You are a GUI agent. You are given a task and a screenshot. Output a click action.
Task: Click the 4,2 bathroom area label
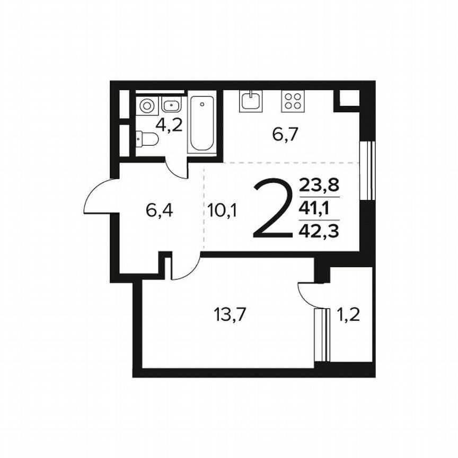coord(169,126)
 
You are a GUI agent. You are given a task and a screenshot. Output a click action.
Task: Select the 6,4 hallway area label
coord(160,211)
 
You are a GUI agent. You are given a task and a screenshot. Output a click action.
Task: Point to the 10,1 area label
coord(223,211)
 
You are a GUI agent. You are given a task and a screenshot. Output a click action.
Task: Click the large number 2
coord(272,209)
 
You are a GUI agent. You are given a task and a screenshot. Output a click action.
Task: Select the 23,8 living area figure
coord(319,186)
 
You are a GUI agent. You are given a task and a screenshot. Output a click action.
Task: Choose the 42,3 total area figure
coord(319,231)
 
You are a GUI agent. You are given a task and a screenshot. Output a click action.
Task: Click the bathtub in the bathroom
coord(202,124)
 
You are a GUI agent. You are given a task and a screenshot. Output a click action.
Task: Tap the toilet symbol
coord(147,139)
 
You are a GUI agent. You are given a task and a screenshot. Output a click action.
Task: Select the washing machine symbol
coord(146,106)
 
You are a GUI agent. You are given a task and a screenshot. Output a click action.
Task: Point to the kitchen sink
coord(250,100)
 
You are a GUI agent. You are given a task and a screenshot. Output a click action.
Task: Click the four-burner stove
coord(293,101)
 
